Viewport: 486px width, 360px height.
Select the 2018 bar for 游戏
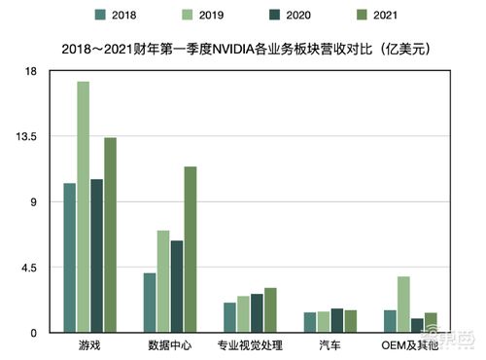(70, 258)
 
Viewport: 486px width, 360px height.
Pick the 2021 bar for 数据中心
(191, 250)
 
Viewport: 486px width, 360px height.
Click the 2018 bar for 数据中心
(150, 303)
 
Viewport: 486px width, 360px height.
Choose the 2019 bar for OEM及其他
(403, 305)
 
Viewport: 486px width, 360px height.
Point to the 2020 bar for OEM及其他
(417, 325)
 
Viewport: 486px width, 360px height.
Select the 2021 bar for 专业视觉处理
(270, 310)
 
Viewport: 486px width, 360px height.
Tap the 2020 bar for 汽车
(337, 320)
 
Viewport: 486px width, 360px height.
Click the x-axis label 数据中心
(169, 345)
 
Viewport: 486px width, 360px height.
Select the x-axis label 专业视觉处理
(250, 345)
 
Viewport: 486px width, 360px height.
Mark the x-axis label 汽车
(330, 345)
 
